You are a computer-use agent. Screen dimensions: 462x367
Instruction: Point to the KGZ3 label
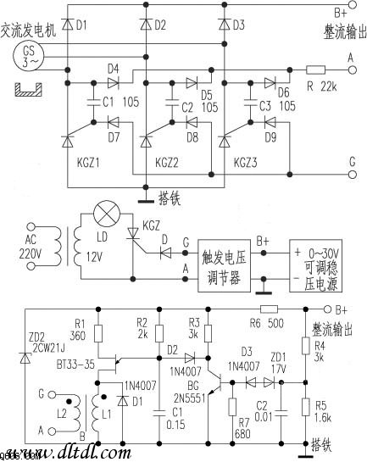tap(240, 161)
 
